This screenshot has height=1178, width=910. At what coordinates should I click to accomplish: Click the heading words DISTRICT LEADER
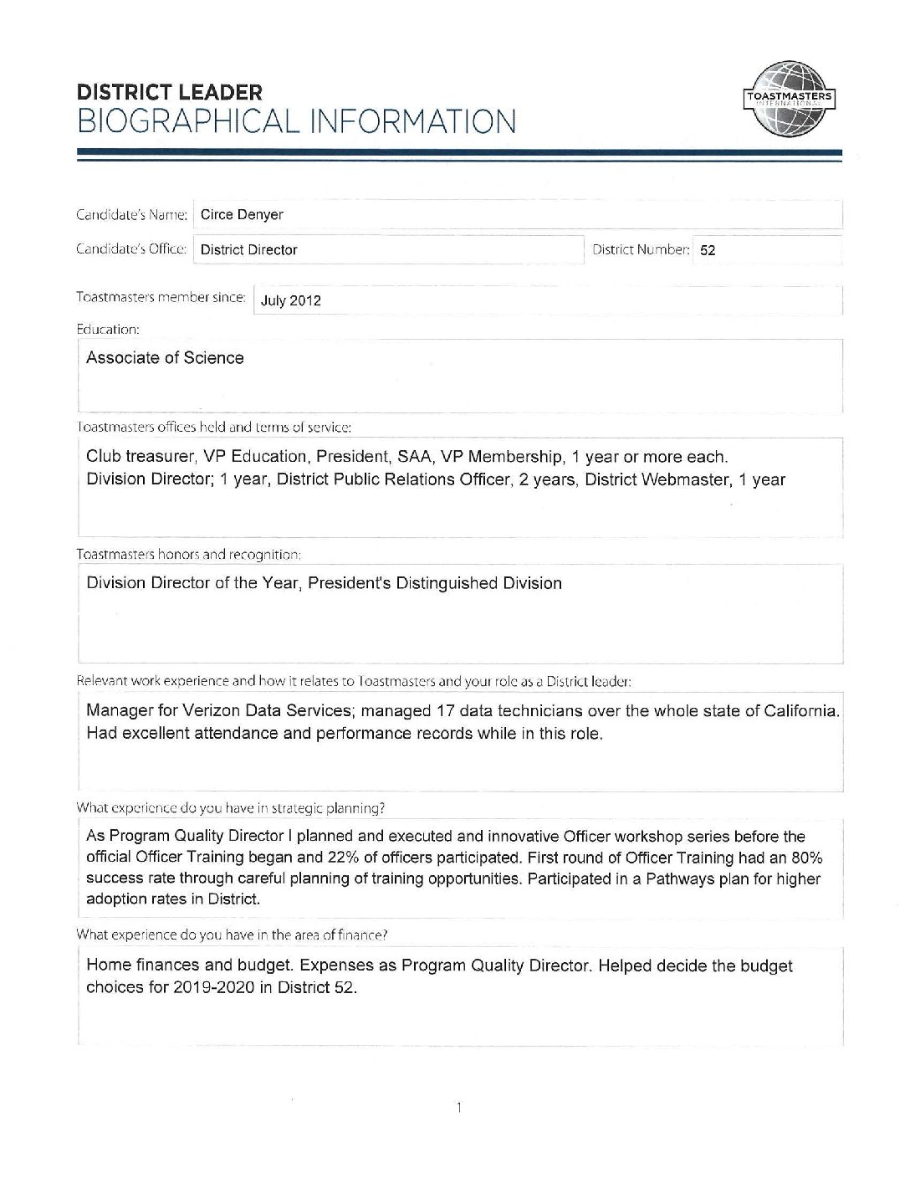(169, 92)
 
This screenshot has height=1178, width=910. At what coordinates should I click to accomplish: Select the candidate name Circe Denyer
(242, 215)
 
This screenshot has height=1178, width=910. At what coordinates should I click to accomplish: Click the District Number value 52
(708, 250)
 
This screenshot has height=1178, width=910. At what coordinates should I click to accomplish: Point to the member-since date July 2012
(291, 301)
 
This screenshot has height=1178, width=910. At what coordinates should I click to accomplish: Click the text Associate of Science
(165, 358)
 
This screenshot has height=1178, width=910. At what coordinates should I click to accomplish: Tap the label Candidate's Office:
(131, 249)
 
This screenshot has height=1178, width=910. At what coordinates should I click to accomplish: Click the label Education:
(108, 330)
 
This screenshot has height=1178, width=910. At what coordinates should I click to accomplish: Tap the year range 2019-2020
(212, 987)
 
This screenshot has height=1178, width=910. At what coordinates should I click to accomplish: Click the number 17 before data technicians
(446, 711)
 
